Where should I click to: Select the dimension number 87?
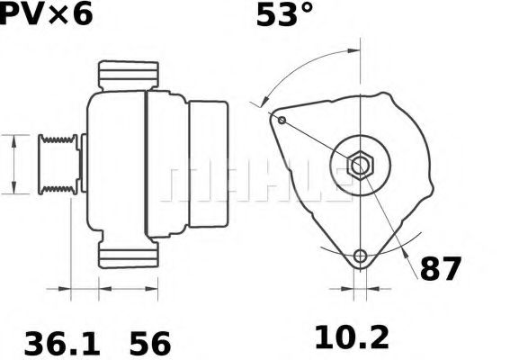click(441, 267)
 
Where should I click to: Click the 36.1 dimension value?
click(48, 342)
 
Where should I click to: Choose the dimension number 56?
click(150, 342)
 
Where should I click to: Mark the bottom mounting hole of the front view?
click(361, 256)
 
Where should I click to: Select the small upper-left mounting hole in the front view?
click(282, 120)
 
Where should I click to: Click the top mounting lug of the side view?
click(127, 75)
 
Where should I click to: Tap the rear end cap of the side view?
click(206, 165)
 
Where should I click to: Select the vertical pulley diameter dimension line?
click(14, 163)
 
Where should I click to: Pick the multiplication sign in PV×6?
click(59, 16)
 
